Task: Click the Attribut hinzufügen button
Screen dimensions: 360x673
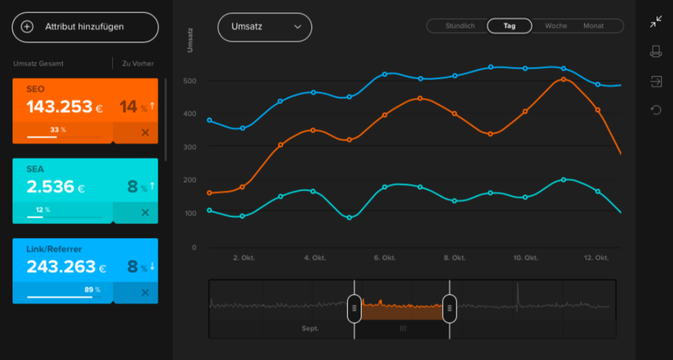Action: point(85,27)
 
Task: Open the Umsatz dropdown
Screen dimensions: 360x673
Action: point(265,27)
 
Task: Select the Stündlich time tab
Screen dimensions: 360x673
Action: point(460,26)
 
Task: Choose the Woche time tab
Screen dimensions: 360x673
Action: point(556,26)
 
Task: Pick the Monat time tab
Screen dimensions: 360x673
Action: point(593,26)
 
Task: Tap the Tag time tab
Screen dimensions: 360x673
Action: point(509,26)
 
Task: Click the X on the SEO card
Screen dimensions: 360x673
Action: point(145,133)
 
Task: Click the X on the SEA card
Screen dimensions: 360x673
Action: point(145,212)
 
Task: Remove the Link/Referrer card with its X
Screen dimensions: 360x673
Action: point(145,293)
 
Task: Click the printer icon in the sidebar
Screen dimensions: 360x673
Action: point(656,51)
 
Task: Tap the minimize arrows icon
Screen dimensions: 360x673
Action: point(656,22)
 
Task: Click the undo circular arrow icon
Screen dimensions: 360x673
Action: point(656,109)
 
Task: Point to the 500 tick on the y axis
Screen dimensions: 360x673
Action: point(190,81)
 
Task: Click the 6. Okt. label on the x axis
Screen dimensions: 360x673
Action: point(384,258)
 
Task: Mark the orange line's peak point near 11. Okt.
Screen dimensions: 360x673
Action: point(563,79)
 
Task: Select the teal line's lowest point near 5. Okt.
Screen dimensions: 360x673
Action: point(349,218)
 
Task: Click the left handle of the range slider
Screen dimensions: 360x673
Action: point(354,308)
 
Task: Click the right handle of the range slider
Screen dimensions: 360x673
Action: point(449,308)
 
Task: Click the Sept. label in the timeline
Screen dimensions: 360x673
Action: point(310,328)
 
